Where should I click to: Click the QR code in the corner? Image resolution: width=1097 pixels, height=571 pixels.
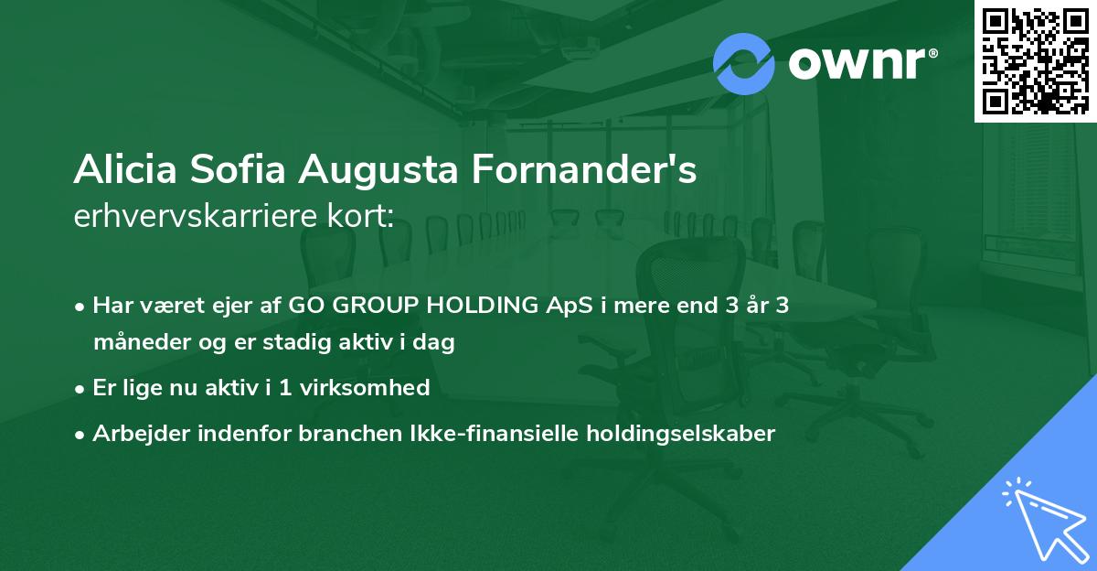pyautogui.click(x=1035, y=61)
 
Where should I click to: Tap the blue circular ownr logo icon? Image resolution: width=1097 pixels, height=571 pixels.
pyautogui.click(x=743, y=63)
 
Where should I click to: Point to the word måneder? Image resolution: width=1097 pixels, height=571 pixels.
pyautogui.click(x=137, y=343)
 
